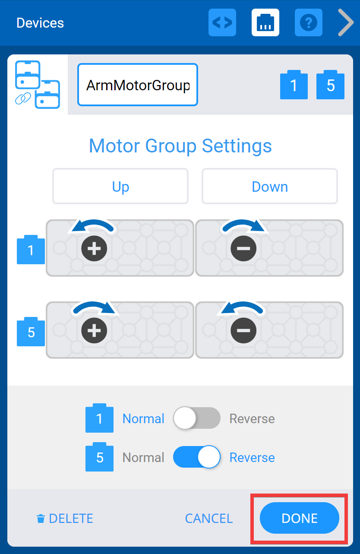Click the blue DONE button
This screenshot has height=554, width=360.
click(x=300, y=518)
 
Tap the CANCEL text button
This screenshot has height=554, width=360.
click(x=209, y=518)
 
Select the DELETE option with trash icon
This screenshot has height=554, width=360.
click(x=65, y=518)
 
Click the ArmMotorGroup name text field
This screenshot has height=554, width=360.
click(x=138, y=85)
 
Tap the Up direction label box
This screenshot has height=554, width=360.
click(x=120, y=187)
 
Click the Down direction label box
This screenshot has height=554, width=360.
click(x=270, y=187)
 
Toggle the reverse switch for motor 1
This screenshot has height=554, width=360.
click(x=196, y=418)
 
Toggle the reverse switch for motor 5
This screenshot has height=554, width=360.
click(x=196, y=457)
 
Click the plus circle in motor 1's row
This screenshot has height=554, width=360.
click(x=95, y=248)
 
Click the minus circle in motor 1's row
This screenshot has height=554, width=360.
click(x=243, y=248)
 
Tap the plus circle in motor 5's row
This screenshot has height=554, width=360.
click(x=95, y=330)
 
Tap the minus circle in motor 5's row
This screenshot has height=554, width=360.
click(x=243, y=330)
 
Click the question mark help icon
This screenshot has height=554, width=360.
click(x=309, y=22)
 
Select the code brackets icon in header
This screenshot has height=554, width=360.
click(x=222, y=22)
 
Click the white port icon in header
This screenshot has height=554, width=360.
click(x=265, y=22)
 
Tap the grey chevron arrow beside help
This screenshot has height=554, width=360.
click(x=346, y=22)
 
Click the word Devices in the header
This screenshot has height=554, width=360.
click(x=40, y=23)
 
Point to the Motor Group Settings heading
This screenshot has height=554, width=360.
click(x=180, y=146)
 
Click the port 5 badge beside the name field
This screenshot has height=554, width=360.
click(x=331, y=85)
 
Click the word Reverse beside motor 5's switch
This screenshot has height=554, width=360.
click(x=252, y=457)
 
